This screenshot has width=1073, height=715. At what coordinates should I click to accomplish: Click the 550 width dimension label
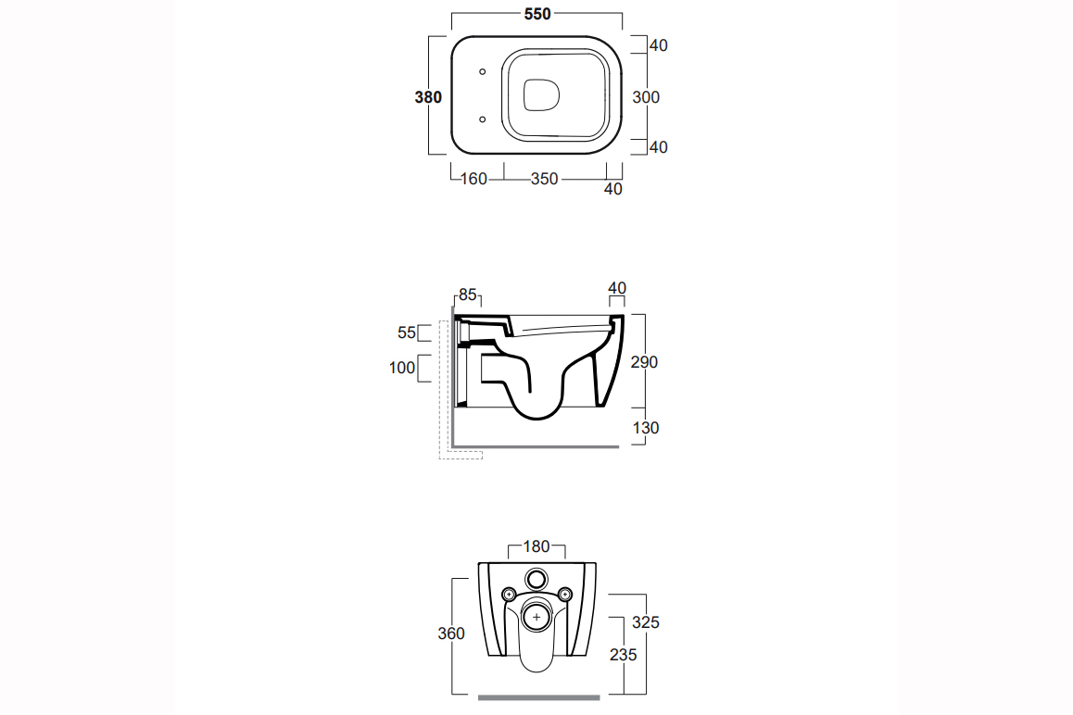pyautogui.click(x=537, y=14)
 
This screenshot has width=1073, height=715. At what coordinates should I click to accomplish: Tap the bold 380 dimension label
pyautogui.click(x=428, y=97)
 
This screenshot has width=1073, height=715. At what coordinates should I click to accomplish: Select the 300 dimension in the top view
pyautogui.click(x=646, y=97)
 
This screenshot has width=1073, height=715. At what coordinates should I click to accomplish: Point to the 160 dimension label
pyautogui.click(x=473, y=179)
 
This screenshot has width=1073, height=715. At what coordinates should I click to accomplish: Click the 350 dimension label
pyautogui.click(x=545, y=179)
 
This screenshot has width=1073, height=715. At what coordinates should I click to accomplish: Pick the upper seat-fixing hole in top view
pyautogui.click(x=483, y=72)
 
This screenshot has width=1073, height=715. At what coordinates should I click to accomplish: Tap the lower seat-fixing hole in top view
pyautogui.click(x=483, y=119)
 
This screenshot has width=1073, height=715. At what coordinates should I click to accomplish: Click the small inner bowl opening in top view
pyautogui.click(x=542, y=95)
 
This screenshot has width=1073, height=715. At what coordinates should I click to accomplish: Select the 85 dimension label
pyautogui.click(x=467, y=295)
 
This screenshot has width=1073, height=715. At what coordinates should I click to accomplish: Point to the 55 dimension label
pyautogui.click(x=407, y=332)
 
